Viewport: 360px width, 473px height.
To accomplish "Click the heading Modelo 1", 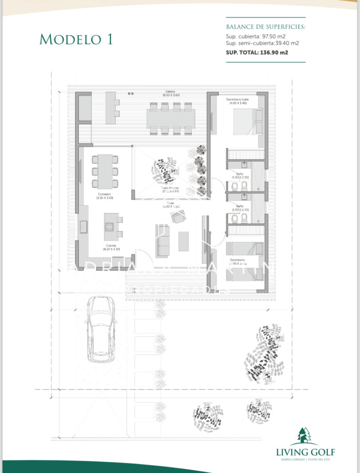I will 76,39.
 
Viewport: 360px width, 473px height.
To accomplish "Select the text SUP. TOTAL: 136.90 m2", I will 257,53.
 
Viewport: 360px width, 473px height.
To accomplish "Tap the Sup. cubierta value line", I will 255,36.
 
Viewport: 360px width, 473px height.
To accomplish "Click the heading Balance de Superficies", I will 265,26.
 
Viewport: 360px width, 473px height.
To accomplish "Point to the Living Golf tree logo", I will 305,437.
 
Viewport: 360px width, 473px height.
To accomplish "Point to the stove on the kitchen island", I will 110,227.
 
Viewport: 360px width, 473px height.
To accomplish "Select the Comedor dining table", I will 105,171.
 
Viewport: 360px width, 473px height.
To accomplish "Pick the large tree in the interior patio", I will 164,170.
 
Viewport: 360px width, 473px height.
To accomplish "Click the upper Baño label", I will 240,176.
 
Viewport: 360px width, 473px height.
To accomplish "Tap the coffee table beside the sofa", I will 184,241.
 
